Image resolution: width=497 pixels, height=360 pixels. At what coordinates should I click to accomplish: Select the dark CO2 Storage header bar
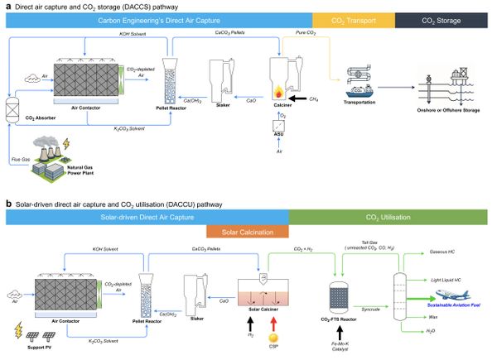pyautogui.click(x=445, y=19)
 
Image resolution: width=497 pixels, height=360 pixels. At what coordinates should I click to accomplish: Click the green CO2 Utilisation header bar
pyautogui.click(x=392, y=217)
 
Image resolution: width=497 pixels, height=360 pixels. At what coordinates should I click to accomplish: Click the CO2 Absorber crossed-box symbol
pyautogui.click(x=12, y=107)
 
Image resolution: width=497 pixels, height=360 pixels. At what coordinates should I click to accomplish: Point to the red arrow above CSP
pyautogui.click(x=270, y=318)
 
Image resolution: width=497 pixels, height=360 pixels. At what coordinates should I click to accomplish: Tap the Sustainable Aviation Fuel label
pyautogui.click(x=454, y=306)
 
